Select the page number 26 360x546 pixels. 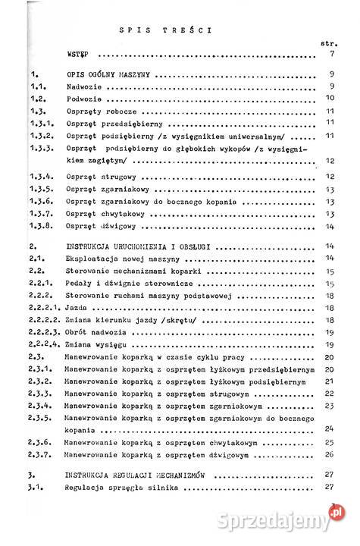point(329,454)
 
